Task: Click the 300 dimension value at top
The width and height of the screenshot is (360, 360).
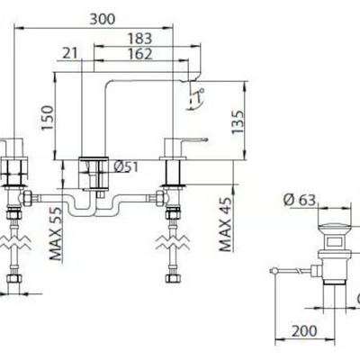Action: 103,20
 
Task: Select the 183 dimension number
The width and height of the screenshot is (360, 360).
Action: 140,39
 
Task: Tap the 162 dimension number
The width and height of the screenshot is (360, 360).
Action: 140,54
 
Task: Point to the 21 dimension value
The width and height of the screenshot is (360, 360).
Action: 70,54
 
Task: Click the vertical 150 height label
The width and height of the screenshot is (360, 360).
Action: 48,118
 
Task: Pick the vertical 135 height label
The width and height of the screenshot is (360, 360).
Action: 238,122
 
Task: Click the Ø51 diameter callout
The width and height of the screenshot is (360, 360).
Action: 126,167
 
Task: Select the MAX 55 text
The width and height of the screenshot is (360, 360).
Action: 55,233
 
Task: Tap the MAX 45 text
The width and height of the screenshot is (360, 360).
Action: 225,224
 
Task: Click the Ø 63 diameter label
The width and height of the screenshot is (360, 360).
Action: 300,200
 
